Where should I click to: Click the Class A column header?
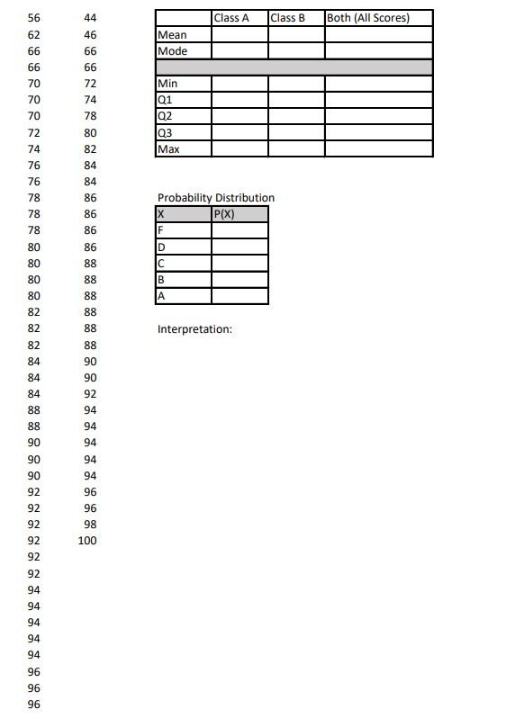coord(231,18)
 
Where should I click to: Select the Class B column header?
coord(287,18)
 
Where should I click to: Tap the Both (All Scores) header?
coord(368,18)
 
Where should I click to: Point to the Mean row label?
coord(172,35)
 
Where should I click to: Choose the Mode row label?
coord(172,51)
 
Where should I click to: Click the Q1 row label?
coord(164,100)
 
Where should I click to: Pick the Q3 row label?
coord(164,132)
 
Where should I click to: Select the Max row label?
coord(167,148)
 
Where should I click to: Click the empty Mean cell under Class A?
coord(239,35)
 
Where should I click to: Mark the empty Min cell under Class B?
coord(296,84)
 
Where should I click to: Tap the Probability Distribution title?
coord(216,198)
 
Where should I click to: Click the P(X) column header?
coord(224,214)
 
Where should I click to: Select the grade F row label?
coord(160,230)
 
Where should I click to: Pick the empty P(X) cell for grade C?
coord(239,263)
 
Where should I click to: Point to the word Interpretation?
coord(194,329)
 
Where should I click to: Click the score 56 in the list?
coord(34,18)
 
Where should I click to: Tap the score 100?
coord(87,541)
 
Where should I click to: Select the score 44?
coord(90,18)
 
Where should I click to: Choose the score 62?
coord(34,34)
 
